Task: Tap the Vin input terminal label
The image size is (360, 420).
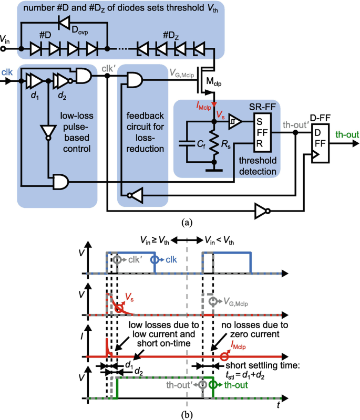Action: pyautogui.click(x=5, y=39)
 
